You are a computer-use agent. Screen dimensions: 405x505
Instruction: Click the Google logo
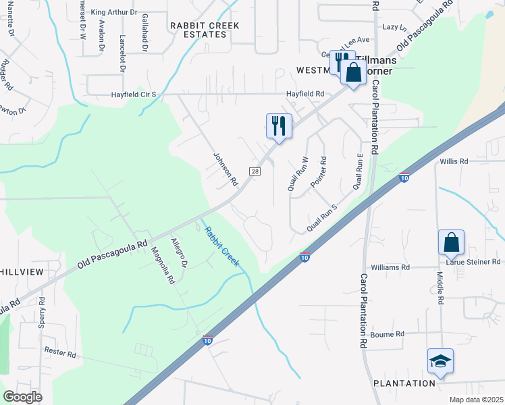[23, 397]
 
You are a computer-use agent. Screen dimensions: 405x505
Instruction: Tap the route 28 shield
[255, 171]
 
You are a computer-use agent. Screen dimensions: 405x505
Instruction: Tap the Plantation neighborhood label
[404, 383]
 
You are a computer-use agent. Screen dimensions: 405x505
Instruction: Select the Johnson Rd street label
[226, 169]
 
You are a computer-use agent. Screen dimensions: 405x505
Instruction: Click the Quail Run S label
[321, 219]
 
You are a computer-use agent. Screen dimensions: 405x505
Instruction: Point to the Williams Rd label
[390, 267]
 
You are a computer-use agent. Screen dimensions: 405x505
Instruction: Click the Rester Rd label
[62, 351]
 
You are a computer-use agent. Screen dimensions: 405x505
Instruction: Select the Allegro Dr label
[178, 251]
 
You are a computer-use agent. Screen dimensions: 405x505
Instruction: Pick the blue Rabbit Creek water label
[221, 246]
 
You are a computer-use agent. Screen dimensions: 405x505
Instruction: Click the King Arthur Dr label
[113, 12]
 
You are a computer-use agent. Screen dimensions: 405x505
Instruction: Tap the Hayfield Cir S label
[134, 95]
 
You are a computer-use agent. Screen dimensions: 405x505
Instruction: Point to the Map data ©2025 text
[476, 400]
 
